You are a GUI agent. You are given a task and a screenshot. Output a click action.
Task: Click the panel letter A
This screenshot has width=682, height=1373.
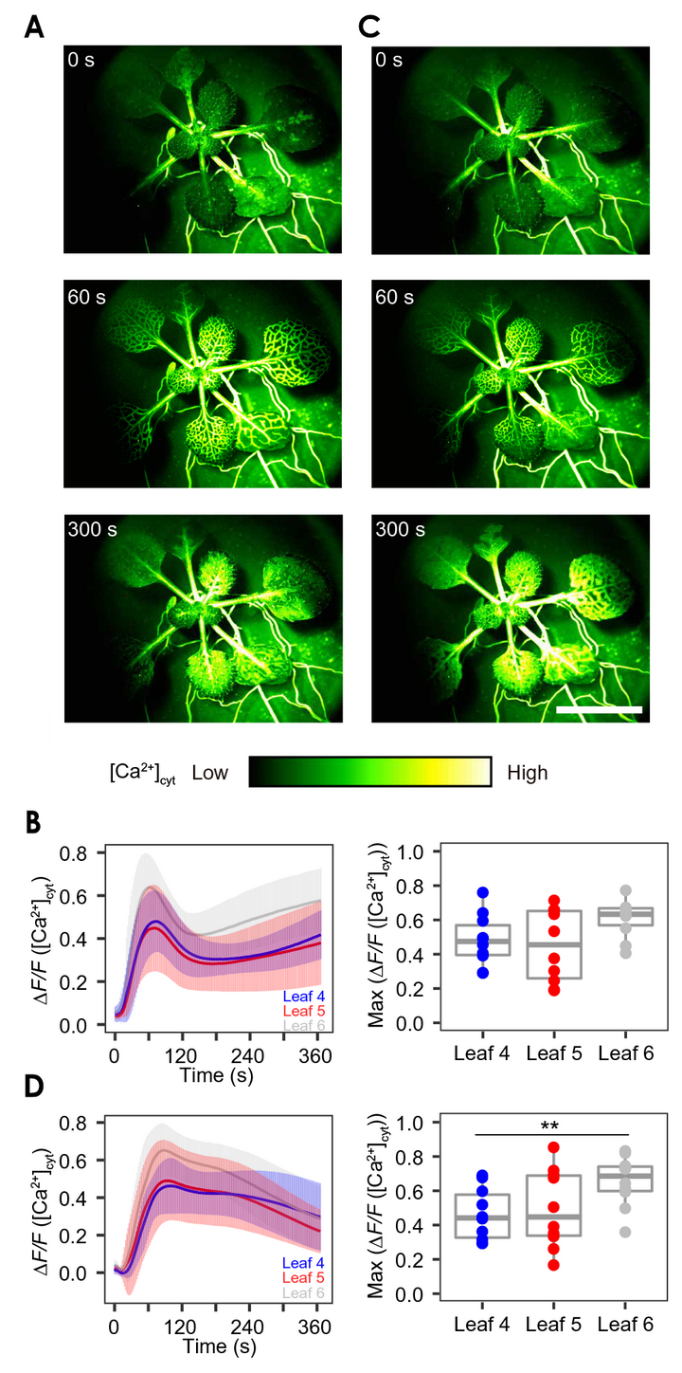click(33, 27)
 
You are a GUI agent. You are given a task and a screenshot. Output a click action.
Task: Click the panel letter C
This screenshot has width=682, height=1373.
click(369, 27)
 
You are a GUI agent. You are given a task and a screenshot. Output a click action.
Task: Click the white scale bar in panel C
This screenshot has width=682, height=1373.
click(599, 708)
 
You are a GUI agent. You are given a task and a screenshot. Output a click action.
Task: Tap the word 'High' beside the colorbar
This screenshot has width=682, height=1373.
click(527, 773)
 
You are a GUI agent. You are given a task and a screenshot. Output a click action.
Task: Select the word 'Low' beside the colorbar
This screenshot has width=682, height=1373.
click(209, 773)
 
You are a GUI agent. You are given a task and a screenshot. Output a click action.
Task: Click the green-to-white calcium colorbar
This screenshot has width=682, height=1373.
click(369, 772)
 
